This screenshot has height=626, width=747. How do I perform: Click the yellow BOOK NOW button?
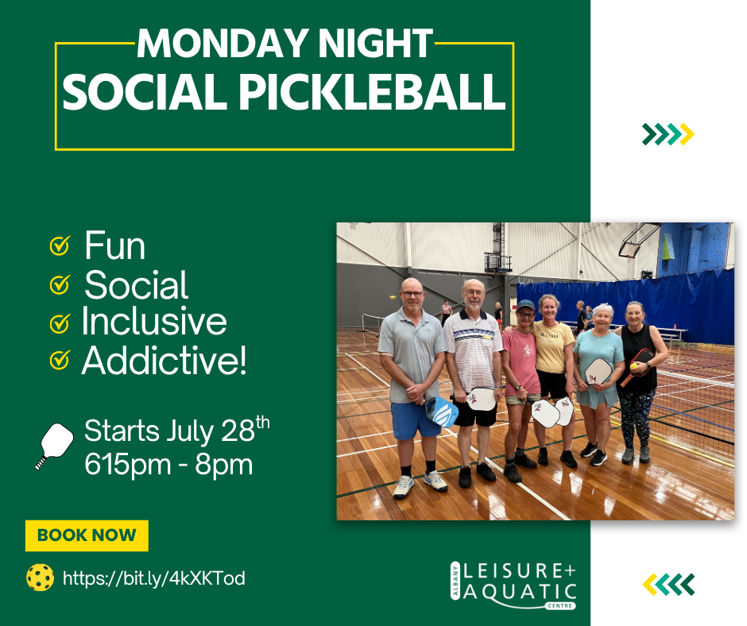coord(87,535)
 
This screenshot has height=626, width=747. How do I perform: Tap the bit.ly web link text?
coord(154,578)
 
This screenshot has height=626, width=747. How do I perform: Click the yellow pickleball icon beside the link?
coord(40,578)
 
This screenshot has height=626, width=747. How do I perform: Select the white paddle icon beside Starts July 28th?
coord(54,446)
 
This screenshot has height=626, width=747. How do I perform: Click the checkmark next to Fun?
coord(60,245)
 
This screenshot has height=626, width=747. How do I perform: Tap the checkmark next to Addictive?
coord(60,360)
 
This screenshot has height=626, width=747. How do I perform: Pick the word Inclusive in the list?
coord(154,321)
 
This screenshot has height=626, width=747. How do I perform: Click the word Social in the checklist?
coord(136,285)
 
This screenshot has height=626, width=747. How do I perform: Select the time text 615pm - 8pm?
coord(168,464)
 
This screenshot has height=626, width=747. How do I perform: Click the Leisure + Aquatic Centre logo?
coord(513,585)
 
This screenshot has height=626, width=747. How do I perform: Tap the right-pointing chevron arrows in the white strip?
coord(668,134)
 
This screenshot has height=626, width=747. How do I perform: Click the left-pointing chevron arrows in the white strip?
coord(668,585)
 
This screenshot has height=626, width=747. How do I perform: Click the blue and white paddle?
coord(441,411)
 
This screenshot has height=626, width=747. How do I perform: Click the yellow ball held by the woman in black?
coord(634,366)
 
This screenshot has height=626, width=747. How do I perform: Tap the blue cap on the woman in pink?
coord(526,304)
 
